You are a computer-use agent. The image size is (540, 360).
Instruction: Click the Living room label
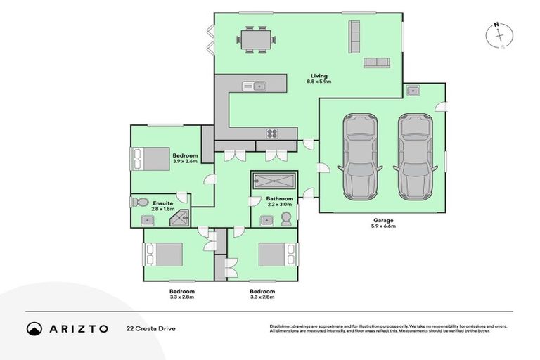coord(317,76)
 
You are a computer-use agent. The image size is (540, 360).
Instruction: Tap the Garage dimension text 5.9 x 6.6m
coord(384,226)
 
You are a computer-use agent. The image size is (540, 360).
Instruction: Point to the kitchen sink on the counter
coord(253,86)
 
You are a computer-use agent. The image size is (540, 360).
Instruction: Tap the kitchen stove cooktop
coord(273,134)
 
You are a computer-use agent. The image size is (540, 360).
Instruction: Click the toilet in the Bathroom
coord(286,220)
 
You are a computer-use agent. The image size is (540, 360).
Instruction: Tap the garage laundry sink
coord(413,91)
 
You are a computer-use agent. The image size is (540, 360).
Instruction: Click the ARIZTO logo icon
coord(34,328)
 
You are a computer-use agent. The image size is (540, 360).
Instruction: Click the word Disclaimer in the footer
coord(282,326)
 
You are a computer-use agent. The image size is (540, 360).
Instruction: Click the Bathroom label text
coord(279,199)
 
